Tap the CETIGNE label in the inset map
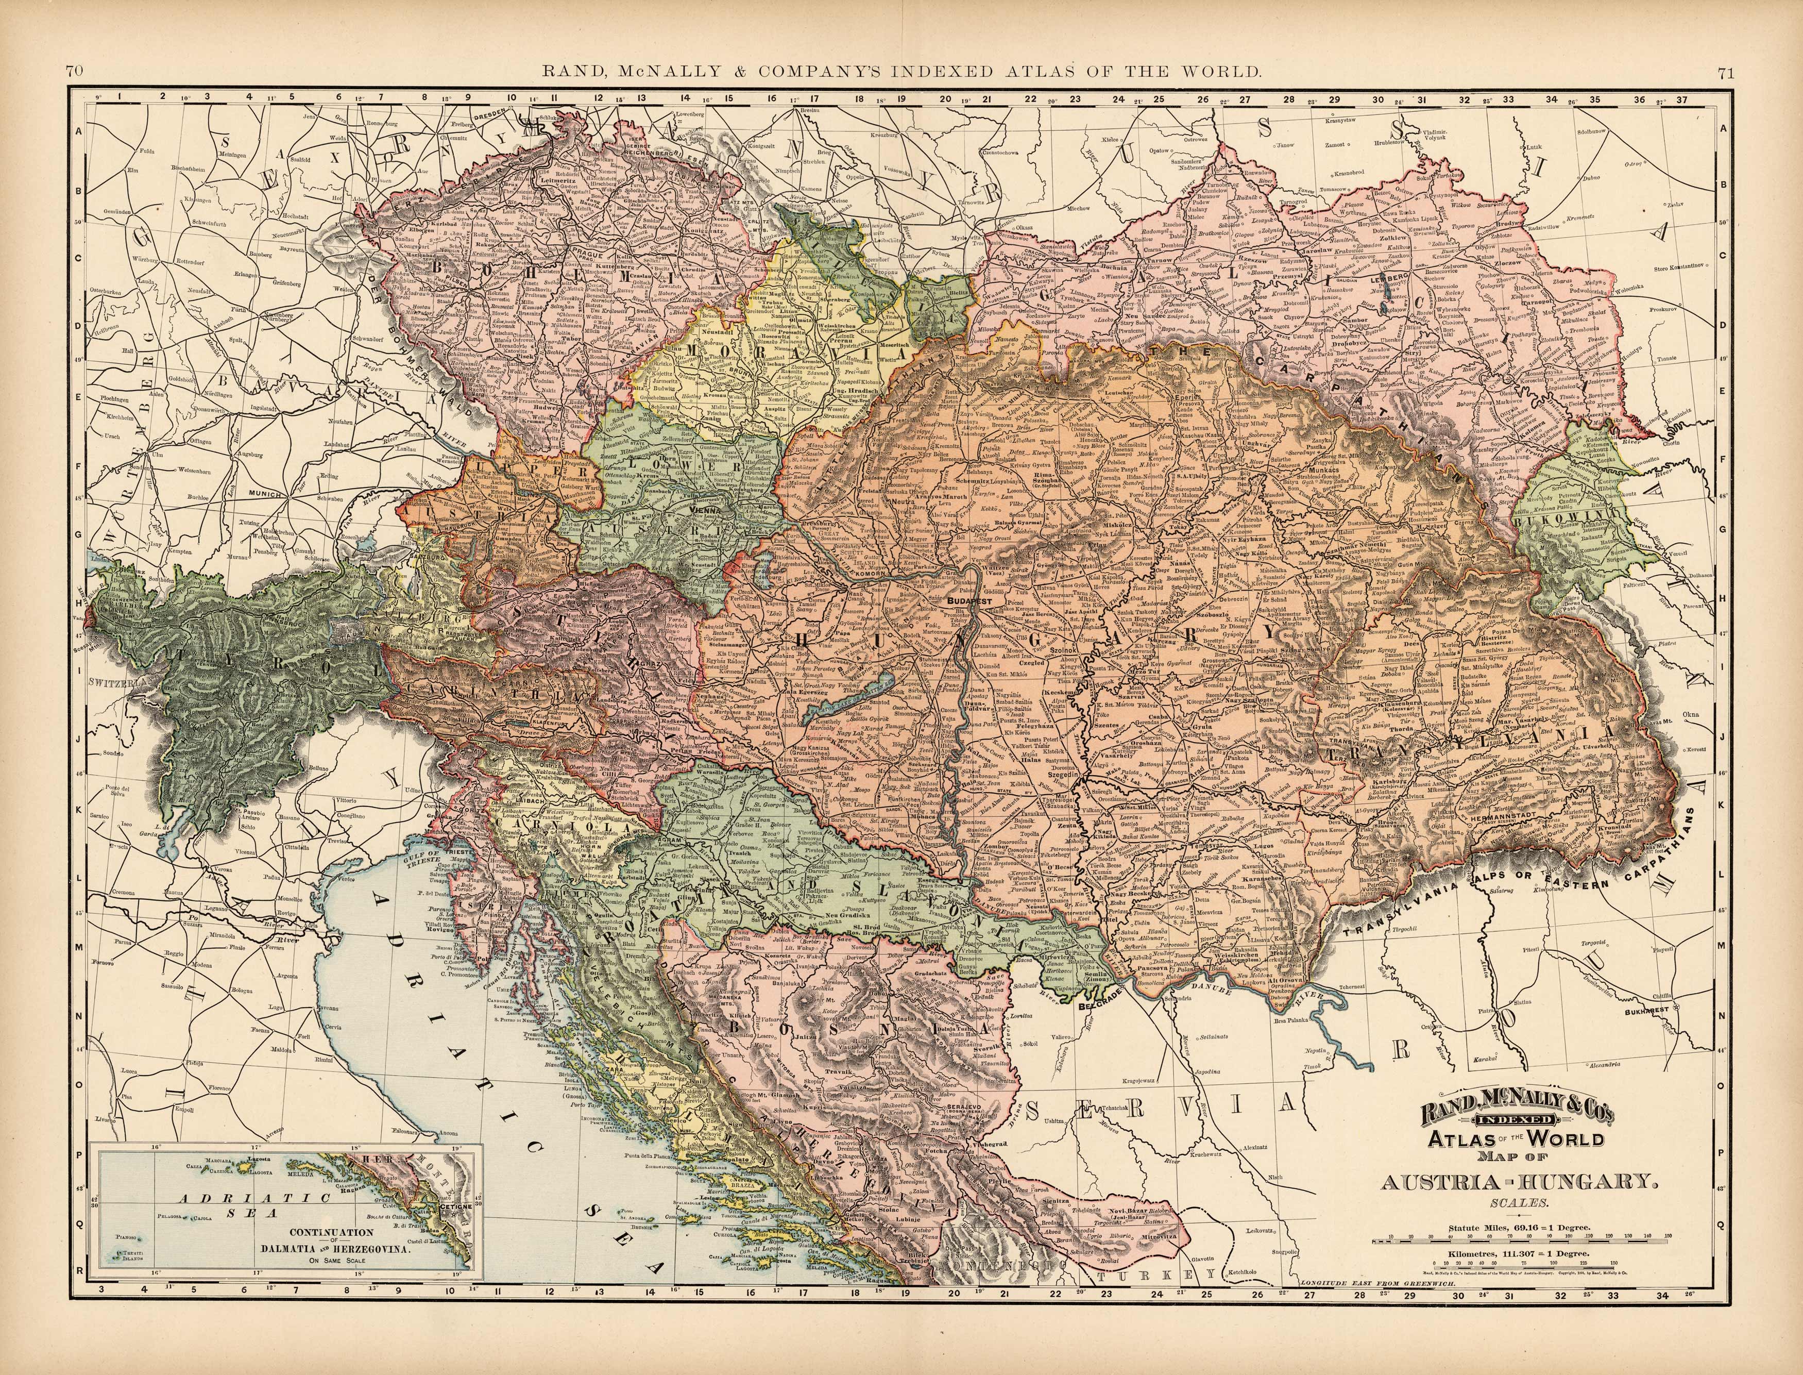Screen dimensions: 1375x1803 [455, 1206]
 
